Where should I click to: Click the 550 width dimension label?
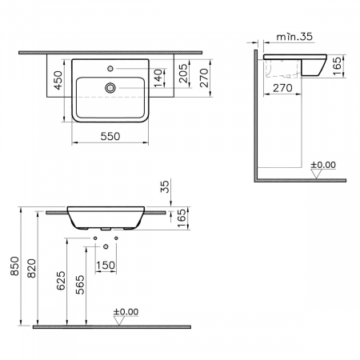click(110, 136)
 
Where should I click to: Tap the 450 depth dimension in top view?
click(58, 80)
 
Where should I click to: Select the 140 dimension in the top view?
click(158, 78)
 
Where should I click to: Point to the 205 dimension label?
click(183, 73)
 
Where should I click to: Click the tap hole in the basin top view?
click(110, 69)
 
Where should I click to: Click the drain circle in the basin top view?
click(110, 88)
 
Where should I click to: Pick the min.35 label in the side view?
click(294, 37)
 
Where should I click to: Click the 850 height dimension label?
click(14, 266)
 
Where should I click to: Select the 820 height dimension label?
click(31, 268)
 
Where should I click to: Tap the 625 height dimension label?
click(61, 280)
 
